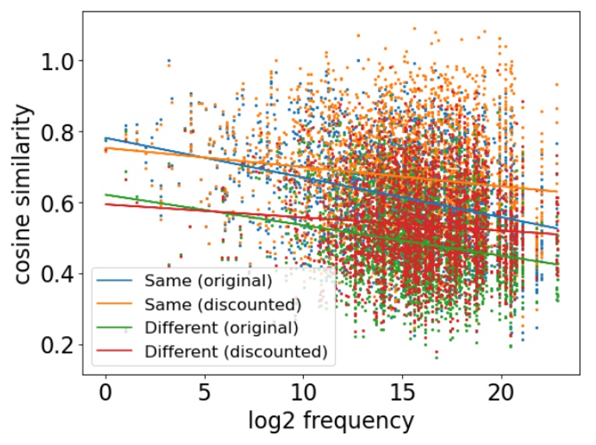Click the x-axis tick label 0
pyautogui.click(x=105, y=394)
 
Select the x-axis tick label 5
pyautogui.click(x=204, y=394)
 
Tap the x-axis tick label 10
pyautogui.click(x=303, y=394)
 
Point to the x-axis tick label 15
pyautogui.click(x=402, y=394)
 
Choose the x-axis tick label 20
pyautogui.click(x=501, y=394)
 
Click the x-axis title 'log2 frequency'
pyautogui.click(x=332, y=422)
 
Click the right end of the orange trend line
pyautogui.click(x=557, y=191)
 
